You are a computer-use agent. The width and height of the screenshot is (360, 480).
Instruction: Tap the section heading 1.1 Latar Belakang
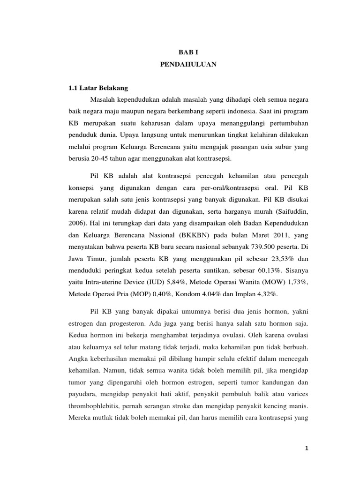coord(98,88)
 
